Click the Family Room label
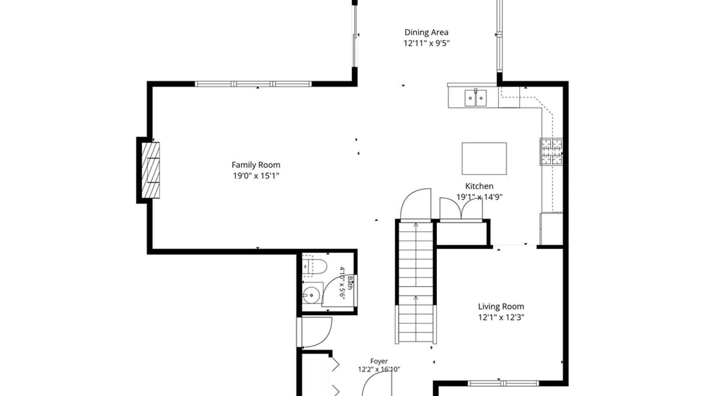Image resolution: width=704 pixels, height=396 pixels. point(256,165)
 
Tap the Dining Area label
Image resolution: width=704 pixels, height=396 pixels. point(426,32)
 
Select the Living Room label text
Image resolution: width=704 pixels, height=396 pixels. point(501,307)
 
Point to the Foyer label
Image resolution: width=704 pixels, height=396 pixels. point(379,361)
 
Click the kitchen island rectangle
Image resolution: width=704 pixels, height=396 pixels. point(484,159)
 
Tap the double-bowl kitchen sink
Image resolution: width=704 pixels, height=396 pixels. point(476,98)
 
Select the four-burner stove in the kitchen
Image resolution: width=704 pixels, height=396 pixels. point(551,151)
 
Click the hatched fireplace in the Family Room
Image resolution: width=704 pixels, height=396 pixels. point(151,170)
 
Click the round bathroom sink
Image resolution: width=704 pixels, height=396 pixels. point(311,295)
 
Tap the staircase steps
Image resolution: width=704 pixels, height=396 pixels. point(416,282)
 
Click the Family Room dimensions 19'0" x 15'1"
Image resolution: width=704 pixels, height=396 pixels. point(256,176)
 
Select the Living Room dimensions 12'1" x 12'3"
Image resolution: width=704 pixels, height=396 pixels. point(501,317)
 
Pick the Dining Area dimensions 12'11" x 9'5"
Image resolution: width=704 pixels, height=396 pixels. point(426,43)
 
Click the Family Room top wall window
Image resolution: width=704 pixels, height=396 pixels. point(253,84)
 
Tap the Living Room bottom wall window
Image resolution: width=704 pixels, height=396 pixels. point(503,384)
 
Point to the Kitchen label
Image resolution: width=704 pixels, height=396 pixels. point(479,186)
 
